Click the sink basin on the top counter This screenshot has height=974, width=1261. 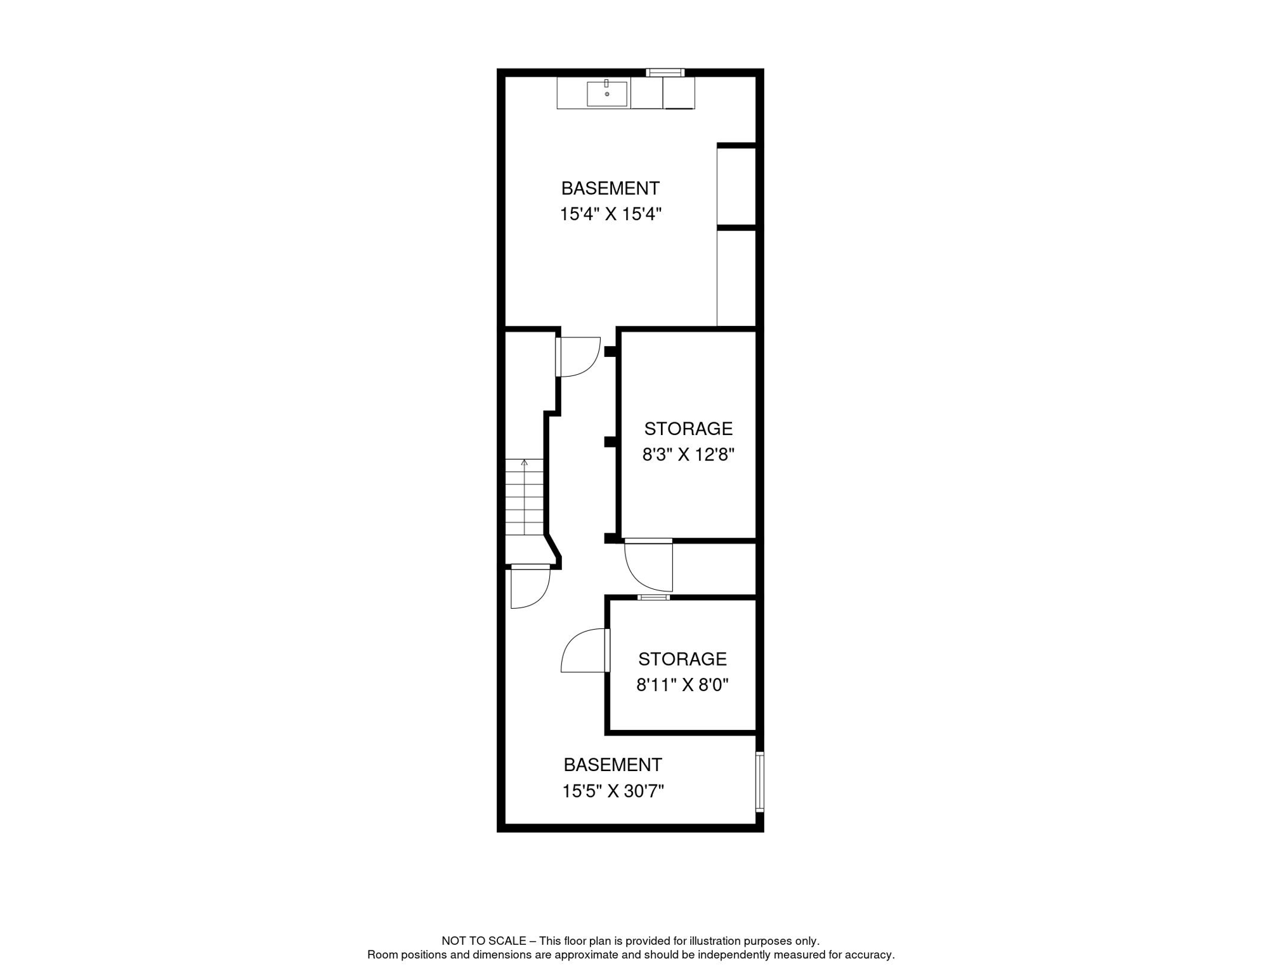tap(606, 94)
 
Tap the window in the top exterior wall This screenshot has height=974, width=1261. tap(665, 73)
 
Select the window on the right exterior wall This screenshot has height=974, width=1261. tap(759, 781)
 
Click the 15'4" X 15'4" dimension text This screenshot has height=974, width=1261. tap(610, 214)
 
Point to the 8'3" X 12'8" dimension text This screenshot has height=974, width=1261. tap(688, 455)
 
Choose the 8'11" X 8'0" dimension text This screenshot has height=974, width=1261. tap(682, 685)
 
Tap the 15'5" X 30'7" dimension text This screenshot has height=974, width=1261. tap(613, 791)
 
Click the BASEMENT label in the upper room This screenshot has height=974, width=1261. tap(610, 188)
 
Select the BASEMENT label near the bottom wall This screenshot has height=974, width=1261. tap(613, 765)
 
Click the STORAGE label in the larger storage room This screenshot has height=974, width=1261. tap(688, 429)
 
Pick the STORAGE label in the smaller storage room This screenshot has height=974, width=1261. tap(682, 659)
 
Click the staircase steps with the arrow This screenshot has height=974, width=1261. tap(524, 497)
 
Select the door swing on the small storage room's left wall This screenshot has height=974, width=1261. tap(584, 651)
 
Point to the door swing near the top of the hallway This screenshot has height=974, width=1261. tap(578, 356)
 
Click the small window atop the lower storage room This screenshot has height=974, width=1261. tap(653, 597)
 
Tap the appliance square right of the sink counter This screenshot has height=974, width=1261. tap(679, 93)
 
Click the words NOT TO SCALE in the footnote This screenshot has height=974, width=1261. tap(483, 941)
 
